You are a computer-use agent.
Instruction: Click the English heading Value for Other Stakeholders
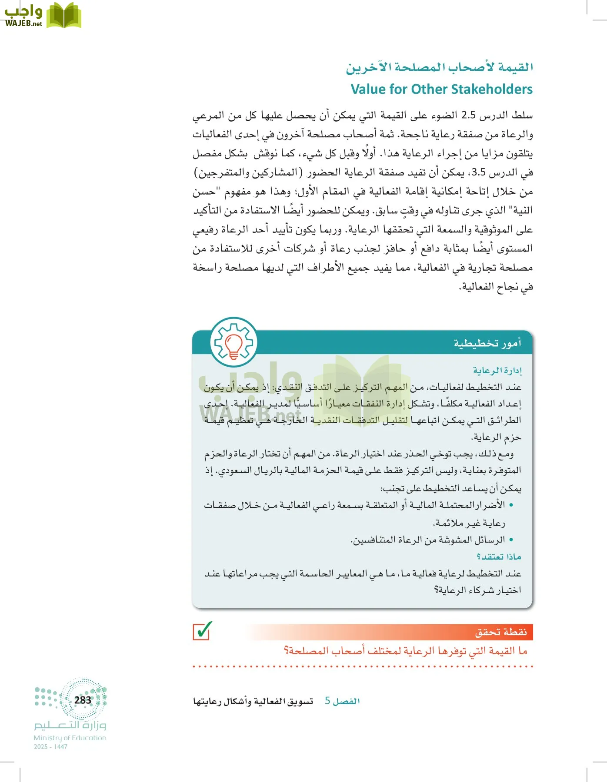(441, 89)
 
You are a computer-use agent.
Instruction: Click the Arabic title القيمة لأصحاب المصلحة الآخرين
(439, 67)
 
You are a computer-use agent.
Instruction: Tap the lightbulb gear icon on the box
(233, 342)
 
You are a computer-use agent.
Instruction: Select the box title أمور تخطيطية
(487, 343)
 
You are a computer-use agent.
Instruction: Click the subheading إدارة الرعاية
(497, 370)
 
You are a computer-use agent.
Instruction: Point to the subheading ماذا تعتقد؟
(499, 557)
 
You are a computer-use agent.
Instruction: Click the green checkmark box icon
(202, 631)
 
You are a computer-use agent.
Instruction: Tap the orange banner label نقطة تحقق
(501, 632)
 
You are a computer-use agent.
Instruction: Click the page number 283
(83, 700)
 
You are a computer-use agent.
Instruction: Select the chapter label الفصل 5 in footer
(342, 701)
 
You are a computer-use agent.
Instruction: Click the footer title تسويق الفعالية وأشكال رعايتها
(253, 701)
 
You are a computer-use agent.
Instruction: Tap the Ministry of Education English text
(70, 738)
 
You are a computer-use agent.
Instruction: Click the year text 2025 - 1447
(50, 747)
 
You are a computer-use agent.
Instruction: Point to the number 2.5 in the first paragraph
(468, 116)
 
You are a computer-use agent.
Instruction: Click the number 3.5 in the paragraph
(478, 173)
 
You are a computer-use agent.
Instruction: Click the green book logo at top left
(63, 16)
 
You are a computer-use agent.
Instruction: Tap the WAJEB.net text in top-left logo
(23, 23)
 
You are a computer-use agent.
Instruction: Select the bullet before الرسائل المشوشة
(511, 540)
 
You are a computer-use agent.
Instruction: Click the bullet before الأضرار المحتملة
(511, 505)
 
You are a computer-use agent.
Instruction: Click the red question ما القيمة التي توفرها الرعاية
(405, 651)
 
